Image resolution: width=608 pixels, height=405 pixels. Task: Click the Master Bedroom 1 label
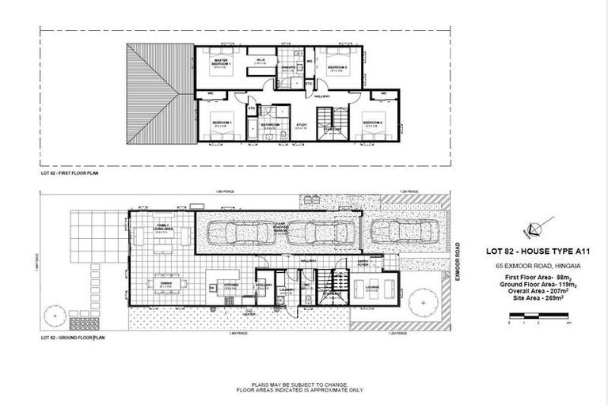(x=218, y=62)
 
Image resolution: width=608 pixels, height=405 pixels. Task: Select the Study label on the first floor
(x=302, y=124)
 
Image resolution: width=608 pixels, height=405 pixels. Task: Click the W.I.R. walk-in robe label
(x=260, y=60)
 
